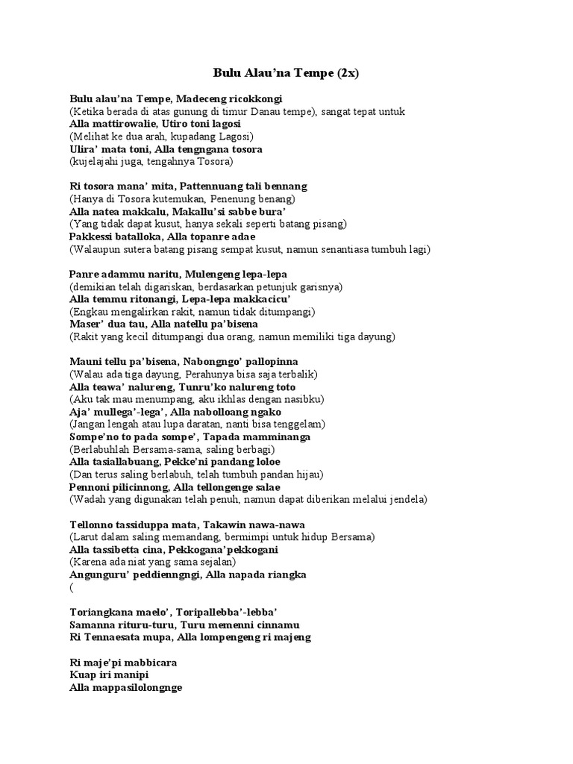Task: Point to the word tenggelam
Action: (x=298, y=424)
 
